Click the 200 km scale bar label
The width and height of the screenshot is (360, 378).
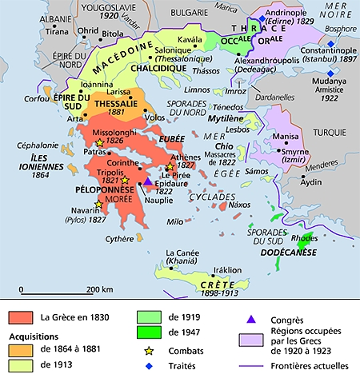(99, 288)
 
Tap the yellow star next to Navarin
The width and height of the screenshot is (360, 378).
(98, 205)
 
